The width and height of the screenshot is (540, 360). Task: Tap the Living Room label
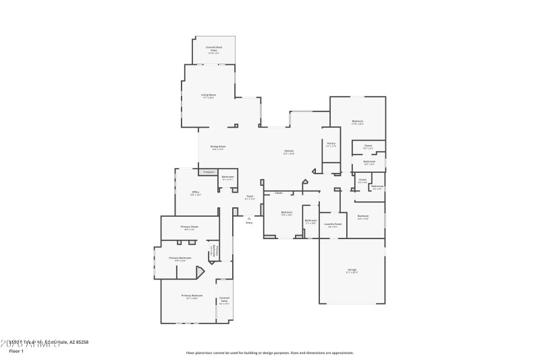coord(209,96)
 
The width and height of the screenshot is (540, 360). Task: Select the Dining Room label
coord(217,147)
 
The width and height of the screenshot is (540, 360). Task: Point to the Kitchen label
coord(288,151)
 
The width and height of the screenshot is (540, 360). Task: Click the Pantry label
coord(331,144)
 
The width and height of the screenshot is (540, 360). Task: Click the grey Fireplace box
coord(209,172)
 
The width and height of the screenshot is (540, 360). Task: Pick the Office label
coord(195,193)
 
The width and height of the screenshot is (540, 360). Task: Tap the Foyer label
coord(249,197)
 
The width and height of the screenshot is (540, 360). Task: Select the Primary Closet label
coord(189,228)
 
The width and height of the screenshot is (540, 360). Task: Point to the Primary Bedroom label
coord(192,297)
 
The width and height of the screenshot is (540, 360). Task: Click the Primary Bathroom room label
coord(180,259)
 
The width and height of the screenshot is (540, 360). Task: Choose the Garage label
coord(352,272)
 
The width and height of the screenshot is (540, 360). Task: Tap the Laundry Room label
coord(333,225)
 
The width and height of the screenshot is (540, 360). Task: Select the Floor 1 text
coord(16,351)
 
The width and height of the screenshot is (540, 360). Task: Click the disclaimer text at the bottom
coord(269,353)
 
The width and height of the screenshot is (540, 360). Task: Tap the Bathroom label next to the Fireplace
coord(227,178)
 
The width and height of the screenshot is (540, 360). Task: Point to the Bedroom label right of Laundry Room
coord(363,217)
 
